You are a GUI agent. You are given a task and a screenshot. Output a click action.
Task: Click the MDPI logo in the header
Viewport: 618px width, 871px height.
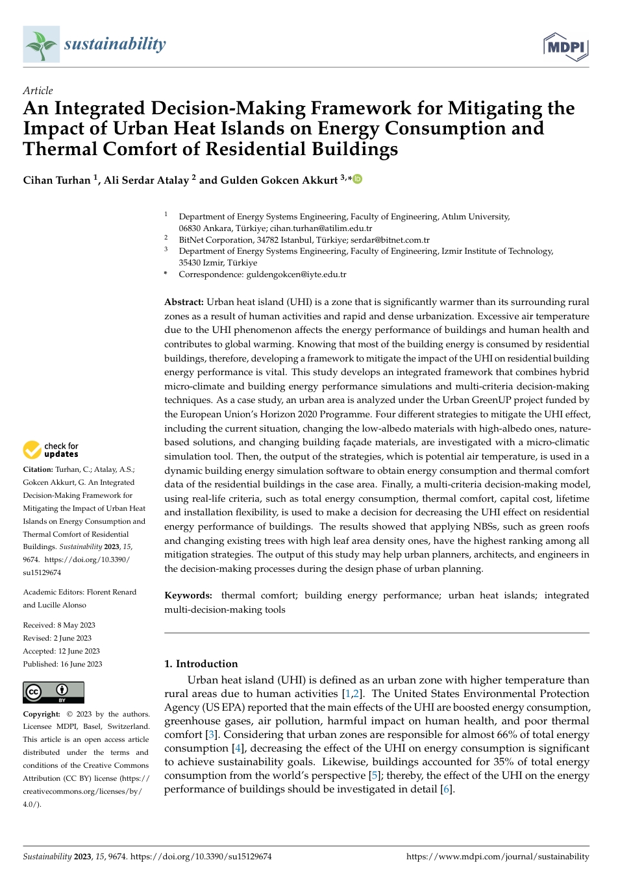[566, 46]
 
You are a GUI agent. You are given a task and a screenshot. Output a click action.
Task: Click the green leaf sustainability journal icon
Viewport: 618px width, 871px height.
[41, 44]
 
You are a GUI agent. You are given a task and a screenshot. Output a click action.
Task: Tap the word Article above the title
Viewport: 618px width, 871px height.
[38, 90]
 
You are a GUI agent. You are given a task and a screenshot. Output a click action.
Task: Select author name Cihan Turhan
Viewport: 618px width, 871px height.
[56, 180]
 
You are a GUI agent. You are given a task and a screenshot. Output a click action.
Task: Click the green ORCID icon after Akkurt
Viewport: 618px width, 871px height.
[357, 179]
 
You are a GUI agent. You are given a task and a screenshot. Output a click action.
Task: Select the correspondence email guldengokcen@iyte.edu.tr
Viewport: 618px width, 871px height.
[296, 275]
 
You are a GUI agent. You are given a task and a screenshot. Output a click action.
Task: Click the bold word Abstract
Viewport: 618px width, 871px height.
[184, 302]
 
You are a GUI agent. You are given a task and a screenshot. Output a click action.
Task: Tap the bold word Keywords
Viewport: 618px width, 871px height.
[188, 595]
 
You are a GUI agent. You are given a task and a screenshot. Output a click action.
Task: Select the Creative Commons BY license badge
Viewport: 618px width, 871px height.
[53, 693]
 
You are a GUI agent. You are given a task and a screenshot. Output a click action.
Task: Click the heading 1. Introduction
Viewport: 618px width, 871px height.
[201, 663]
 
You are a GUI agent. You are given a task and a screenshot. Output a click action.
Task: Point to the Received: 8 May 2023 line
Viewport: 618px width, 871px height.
[59, 625]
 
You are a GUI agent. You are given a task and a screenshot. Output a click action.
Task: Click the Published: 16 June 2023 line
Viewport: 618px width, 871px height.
[62, 664]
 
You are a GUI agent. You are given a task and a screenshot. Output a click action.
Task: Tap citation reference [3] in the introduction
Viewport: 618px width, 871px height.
[211, 735]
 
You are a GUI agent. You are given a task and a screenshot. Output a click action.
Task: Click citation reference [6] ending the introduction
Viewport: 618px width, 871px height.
[447, 789]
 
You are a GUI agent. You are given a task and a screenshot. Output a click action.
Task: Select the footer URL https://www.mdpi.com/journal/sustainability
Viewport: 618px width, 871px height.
[497, 857]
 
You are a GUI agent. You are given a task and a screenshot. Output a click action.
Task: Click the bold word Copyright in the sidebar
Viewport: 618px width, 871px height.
[41, 714]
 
